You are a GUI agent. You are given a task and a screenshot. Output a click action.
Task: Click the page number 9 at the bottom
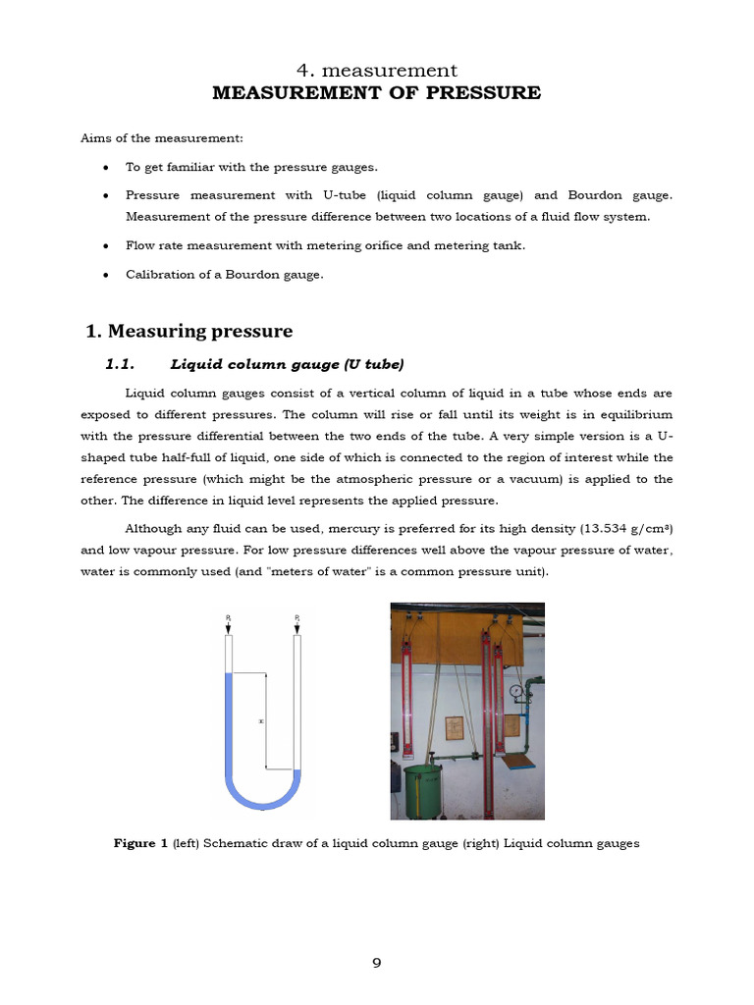click(376, 963)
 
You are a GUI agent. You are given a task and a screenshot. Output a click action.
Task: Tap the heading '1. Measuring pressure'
click(188, 331)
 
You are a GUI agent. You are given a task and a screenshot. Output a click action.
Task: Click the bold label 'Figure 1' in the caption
click(141, 843)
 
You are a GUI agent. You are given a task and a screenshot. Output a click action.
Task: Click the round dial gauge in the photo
click(515, 691)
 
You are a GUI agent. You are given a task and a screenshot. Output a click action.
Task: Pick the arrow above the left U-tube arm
click(228, 625)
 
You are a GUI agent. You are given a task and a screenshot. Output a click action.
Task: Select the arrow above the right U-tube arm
click(297, 625)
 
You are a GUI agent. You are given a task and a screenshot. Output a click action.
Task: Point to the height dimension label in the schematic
click(260, 720)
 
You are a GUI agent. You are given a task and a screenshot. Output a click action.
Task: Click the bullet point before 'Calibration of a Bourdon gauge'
click(105, 275)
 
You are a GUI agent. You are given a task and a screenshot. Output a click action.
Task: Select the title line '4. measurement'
click(376, 70)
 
